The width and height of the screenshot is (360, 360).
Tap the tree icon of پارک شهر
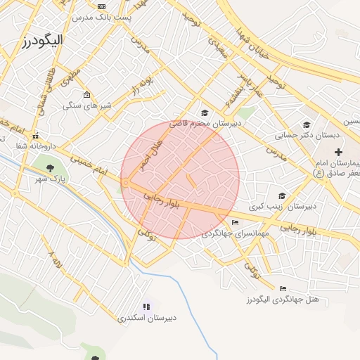pos(50,168)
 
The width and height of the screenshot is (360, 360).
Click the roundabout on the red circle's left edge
pos(125,184)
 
